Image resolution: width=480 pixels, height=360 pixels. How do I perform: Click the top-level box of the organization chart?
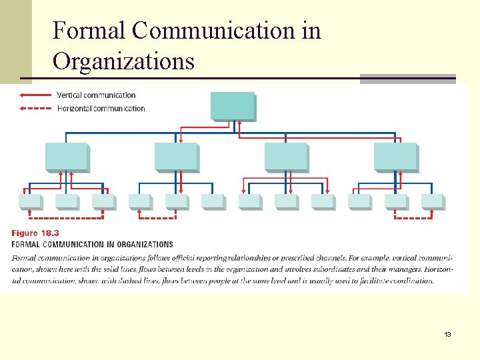[233, 106]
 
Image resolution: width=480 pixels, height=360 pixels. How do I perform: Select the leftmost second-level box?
[66, 156]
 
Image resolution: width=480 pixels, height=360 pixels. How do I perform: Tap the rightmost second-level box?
[395, 156]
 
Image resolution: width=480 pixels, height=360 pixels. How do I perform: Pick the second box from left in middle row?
[176, 156]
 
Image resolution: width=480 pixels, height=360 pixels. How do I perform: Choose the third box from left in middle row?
[285, 156]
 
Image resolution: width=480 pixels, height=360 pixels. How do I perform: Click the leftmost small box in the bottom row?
[30, 201]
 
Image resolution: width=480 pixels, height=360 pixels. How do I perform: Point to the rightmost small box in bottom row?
[432, 201]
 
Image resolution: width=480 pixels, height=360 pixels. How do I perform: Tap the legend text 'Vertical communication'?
[96, 95]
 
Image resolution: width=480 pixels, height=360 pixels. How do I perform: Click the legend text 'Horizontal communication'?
[101, 108]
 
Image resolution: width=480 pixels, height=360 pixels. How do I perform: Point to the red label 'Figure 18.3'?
[35, 233]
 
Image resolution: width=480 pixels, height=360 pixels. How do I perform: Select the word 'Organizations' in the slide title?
[123, 61]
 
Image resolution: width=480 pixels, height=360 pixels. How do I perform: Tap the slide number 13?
[447, 334]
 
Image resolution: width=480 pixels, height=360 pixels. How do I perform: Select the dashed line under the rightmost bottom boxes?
[413, 217]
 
